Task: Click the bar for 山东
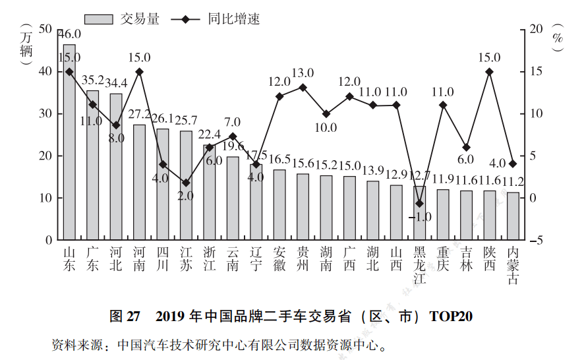coord(69,142)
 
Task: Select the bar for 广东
coord(92,165)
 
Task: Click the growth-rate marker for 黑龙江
coord(419,203)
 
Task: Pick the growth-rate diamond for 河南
coord(139,72)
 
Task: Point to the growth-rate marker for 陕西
coord(489,72)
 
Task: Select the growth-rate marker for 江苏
coord(186,183)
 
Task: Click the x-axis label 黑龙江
coord(419,264)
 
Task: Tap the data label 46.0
coord(69,34)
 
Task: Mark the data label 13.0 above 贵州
coord(303,73)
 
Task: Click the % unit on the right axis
coord(558,38)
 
